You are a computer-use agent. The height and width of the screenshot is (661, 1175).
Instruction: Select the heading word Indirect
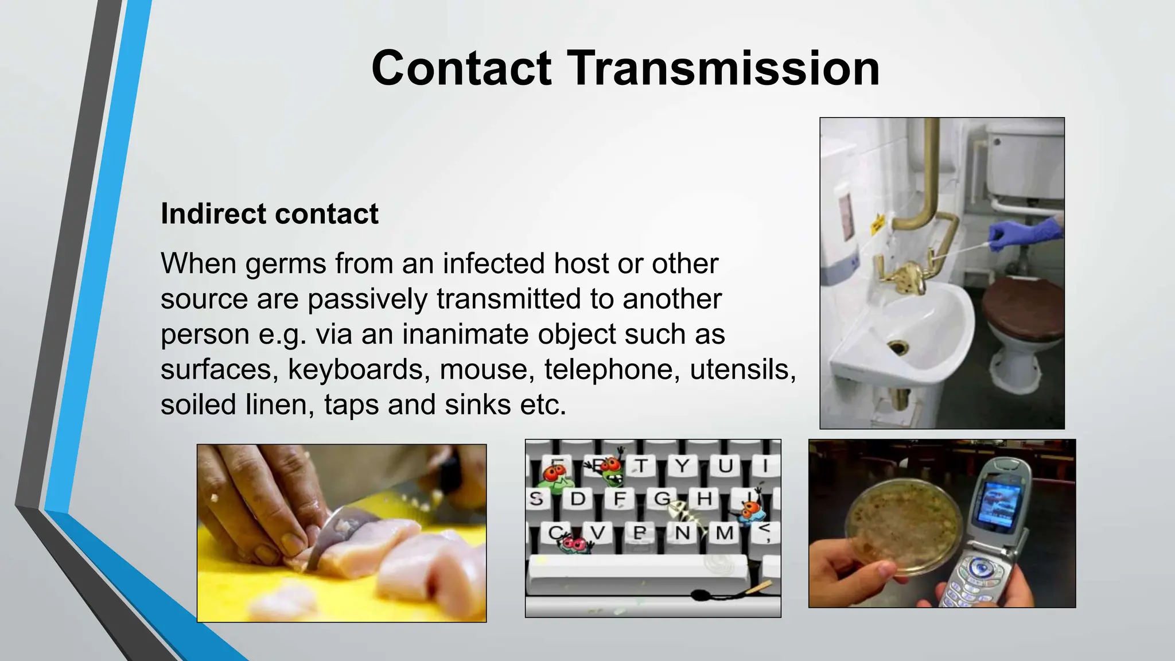coord(212,214)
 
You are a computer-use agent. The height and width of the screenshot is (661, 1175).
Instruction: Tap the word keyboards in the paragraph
coord(359,369)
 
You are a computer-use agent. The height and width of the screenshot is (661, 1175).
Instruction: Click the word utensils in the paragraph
coord(742,369)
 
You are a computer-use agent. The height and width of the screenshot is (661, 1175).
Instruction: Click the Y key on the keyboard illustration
coord(682,465)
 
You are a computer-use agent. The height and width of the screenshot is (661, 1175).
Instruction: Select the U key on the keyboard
coord(725,465)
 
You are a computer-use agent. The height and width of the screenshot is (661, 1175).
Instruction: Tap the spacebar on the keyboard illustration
coord(637,574)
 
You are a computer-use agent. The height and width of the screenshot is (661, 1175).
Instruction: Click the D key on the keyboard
coord(577,499)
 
